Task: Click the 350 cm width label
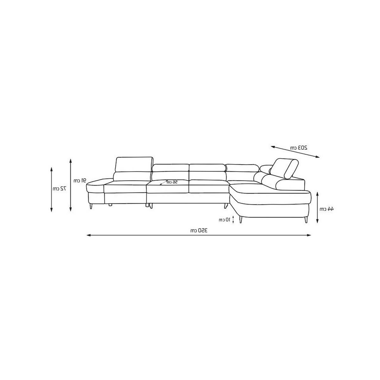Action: tap(199, 230)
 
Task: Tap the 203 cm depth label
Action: tap(299, 148)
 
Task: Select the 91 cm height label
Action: tap(80, 180)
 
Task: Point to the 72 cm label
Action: tap(60, 189)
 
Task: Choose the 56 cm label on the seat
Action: tap(172, 182)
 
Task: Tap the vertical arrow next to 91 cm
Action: tap(71, 185)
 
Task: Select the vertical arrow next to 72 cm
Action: tap(51, 189)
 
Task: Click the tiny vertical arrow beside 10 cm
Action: tap(233, 219)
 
